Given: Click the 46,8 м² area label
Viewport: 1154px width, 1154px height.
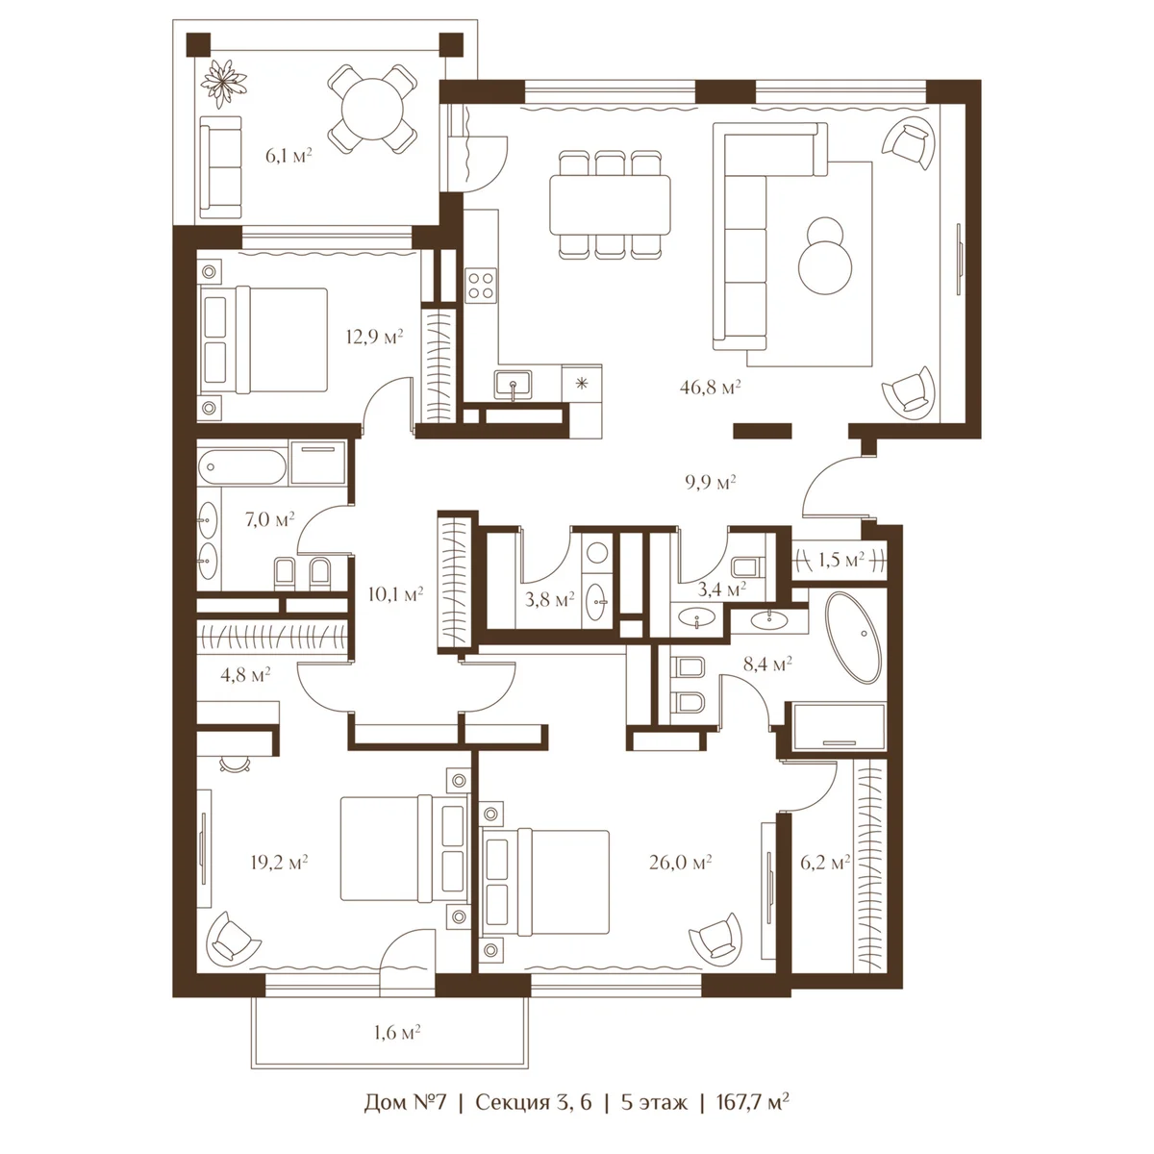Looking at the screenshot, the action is tap(710, 387).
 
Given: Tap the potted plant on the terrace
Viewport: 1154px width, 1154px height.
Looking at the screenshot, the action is tap(223, 82).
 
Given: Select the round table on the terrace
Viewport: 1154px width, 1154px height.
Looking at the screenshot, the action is tap(372, 109).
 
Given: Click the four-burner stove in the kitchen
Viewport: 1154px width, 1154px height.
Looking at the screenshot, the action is tap(481, 285).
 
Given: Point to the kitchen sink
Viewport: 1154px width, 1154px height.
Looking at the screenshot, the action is tap(513, 385).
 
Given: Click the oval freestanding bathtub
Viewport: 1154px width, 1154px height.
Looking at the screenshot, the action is tap(853, 638).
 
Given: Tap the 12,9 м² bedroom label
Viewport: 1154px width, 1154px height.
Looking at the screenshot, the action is tap(374, 337).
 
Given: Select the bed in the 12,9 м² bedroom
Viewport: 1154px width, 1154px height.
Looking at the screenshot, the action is tap(263, 339).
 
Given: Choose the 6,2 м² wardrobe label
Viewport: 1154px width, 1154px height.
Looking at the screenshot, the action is tap(825, 863).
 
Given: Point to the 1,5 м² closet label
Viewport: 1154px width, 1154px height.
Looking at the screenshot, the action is tap(840, 560).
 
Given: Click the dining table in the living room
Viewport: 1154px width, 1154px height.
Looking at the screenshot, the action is tap(610, 205).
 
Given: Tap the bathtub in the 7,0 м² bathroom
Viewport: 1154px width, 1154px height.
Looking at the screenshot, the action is tap(242, 465).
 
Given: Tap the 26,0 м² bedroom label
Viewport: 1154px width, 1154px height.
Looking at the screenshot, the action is tap(680, 863).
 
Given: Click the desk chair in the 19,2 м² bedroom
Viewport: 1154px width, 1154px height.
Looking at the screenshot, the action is tap(235, 764).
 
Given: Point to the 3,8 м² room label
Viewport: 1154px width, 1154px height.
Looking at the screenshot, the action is tap(550, 599).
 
